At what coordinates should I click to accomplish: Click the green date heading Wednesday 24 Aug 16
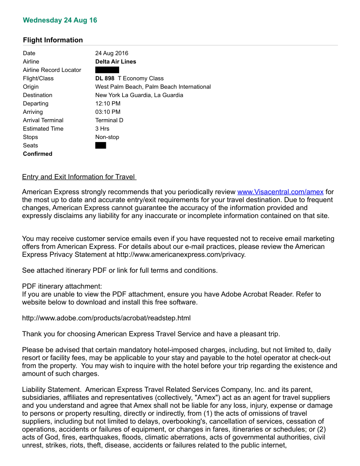[x=60, y=20]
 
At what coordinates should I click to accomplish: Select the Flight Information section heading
[x=53, y=40]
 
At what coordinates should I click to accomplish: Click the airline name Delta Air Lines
[x=116, y=62]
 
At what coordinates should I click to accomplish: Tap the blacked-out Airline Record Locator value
[x=107, y=70]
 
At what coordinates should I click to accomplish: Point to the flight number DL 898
[x=105, y=79]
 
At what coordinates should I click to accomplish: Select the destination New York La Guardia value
[x=139, y=95]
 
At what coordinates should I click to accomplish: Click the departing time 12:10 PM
[x=108, y=104]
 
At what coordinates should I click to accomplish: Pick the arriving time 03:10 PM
[x=108, y=112]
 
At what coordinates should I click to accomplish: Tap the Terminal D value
[x=109, y=120]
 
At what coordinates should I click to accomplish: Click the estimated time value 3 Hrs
[x=102, y=129]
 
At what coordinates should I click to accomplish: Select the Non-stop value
[x=107, y=137]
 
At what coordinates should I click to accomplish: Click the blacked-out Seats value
[x=101, y=146]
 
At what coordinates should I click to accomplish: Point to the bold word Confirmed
[x=37, y=154]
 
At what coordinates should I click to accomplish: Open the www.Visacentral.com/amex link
[x=280, y=192]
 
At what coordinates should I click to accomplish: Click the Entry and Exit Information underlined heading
[x=79, y=177]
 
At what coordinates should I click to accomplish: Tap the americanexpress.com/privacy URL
[x=181, y=255]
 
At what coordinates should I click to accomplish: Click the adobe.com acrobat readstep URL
[x=106, y=318]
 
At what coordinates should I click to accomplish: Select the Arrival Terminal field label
[x=43, y=120]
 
